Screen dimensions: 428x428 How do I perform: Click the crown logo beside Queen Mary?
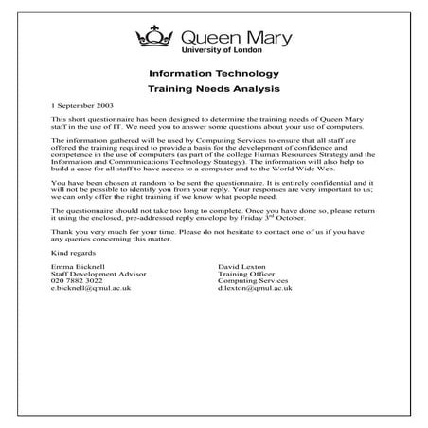tap(155, 37)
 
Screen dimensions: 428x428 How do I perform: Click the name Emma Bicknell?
tap(74, 268)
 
